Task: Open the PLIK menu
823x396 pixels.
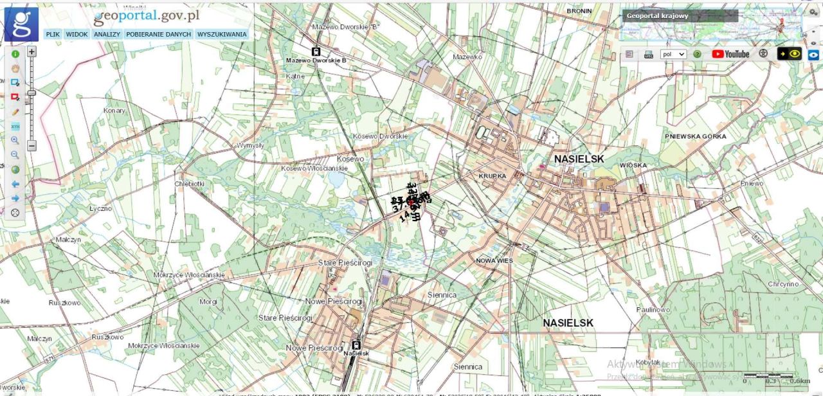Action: point(53,34)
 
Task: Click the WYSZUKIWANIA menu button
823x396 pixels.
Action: point(222,34)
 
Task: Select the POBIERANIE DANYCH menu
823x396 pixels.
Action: point(159,34)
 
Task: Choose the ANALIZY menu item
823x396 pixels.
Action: point(107,34)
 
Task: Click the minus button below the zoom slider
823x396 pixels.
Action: point(32,146)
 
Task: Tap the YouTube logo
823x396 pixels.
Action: point(730,54)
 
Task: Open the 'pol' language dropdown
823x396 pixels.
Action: point(673,55)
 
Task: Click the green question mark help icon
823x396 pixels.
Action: point(697,55)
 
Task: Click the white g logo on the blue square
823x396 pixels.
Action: point(22,24)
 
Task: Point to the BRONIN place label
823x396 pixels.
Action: point(579,11)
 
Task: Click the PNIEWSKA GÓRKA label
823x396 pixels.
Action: point(696,136)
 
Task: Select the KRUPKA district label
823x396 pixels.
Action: point(493,175)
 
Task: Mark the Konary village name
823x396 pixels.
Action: point(115,111)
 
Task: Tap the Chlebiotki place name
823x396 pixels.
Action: point(190,183)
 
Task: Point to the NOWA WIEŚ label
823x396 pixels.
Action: point(494,260)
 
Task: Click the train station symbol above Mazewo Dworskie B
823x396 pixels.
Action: point(316,51)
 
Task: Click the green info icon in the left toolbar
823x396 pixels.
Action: point(15,54)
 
